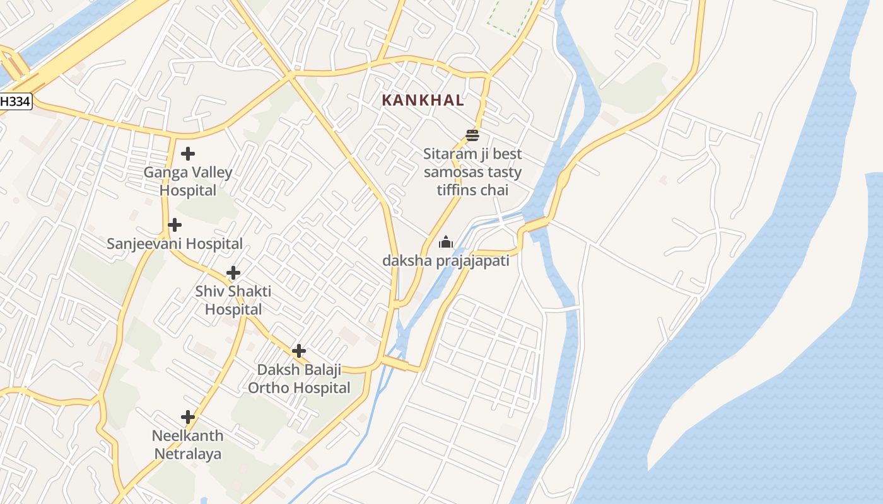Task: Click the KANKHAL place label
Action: click(423, 100)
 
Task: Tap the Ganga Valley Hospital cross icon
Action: click(187, 153)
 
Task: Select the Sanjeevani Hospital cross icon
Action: click(175, 225)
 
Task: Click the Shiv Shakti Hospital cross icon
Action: click(233, 273)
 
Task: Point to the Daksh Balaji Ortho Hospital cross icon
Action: click(299, 351)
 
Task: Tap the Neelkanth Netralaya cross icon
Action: click(187, 417)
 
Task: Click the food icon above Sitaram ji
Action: click(472, 135)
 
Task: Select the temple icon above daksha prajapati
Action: click(446, 242)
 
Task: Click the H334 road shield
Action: click(15, 101)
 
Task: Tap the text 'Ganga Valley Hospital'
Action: click(188, 181)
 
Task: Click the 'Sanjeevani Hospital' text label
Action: click(175, 244)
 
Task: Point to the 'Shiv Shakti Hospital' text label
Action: click(233, 301)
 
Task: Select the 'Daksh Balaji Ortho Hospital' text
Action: click(299, 379)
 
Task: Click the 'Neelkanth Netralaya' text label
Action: click(188, 445)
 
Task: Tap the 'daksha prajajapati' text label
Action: click(446, 260)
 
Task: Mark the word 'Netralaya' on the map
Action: click(188, 454)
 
